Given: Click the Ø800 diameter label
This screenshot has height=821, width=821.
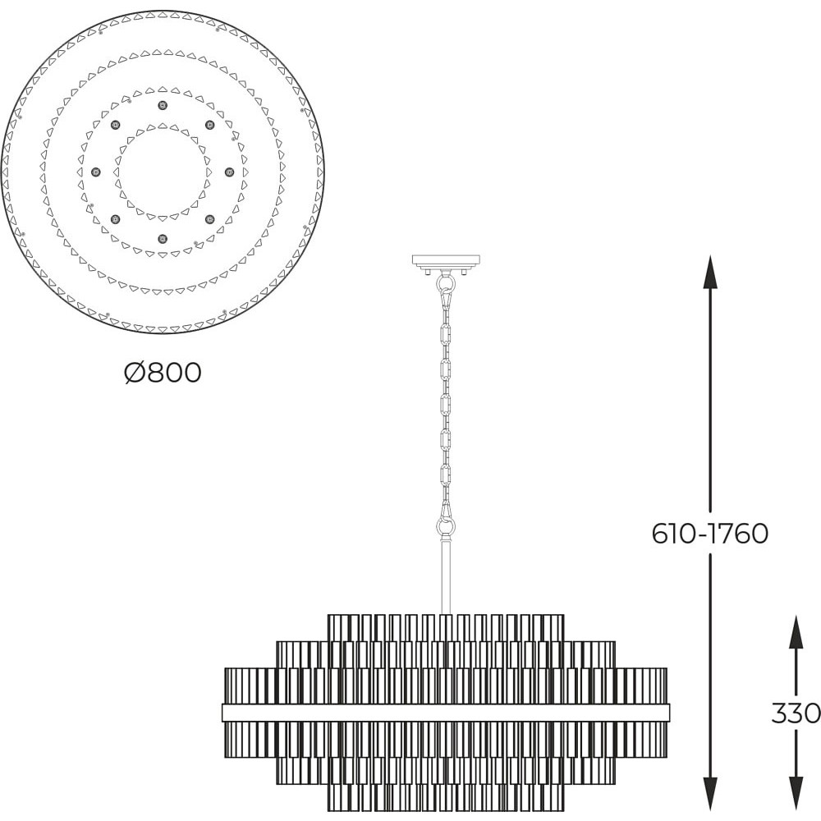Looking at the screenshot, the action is [163, 373].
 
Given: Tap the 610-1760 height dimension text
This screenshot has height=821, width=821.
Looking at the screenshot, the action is [709, 534].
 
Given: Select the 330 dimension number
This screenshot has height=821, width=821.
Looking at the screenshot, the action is [796, 713].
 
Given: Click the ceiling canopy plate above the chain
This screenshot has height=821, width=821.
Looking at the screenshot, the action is [446, 261].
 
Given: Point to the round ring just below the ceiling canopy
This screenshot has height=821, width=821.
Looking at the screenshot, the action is [446, 284].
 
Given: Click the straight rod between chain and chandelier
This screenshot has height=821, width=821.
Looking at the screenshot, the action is [446, 577].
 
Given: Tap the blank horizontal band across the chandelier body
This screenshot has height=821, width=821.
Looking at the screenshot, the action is [446, 712].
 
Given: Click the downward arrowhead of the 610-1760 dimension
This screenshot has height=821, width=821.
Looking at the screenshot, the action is [709, 794].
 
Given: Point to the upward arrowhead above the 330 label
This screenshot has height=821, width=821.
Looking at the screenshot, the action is [796, 631].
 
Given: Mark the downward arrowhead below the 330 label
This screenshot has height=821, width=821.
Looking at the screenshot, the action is [796, 794].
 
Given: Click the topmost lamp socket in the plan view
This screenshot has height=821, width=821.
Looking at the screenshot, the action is [162, 106].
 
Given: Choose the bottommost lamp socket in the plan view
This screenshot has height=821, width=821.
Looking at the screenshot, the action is [162, 239].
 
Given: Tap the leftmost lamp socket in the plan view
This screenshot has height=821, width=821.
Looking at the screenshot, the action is [96, 172].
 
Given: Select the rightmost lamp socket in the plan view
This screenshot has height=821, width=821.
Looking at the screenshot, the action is [228, 172].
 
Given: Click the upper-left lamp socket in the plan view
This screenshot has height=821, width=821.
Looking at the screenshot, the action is [115, 125].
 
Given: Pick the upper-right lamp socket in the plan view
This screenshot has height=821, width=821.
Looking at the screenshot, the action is [209, 125].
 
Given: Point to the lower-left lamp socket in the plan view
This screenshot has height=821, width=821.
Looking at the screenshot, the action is [115, 219].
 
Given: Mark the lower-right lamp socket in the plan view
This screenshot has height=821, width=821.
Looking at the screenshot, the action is [209, 219].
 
